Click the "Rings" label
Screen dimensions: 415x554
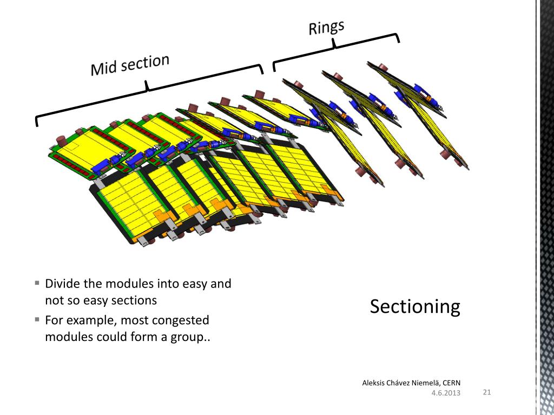coord(326,28)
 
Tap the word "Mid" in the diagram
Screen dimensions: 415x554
coord(103,68)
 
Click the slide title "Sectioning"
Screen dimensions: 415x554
coord(415,307)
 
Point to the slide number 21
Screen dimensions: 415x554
coord(486,392)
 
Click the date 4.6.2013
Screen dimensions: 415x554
coord(446,393)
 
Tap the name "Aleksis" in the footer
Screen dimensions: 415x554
coord(374,383)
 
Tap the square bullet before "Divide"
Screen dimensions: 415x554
coord(37,283)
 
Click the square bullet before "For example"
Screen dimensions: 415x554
coord(37,319)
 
